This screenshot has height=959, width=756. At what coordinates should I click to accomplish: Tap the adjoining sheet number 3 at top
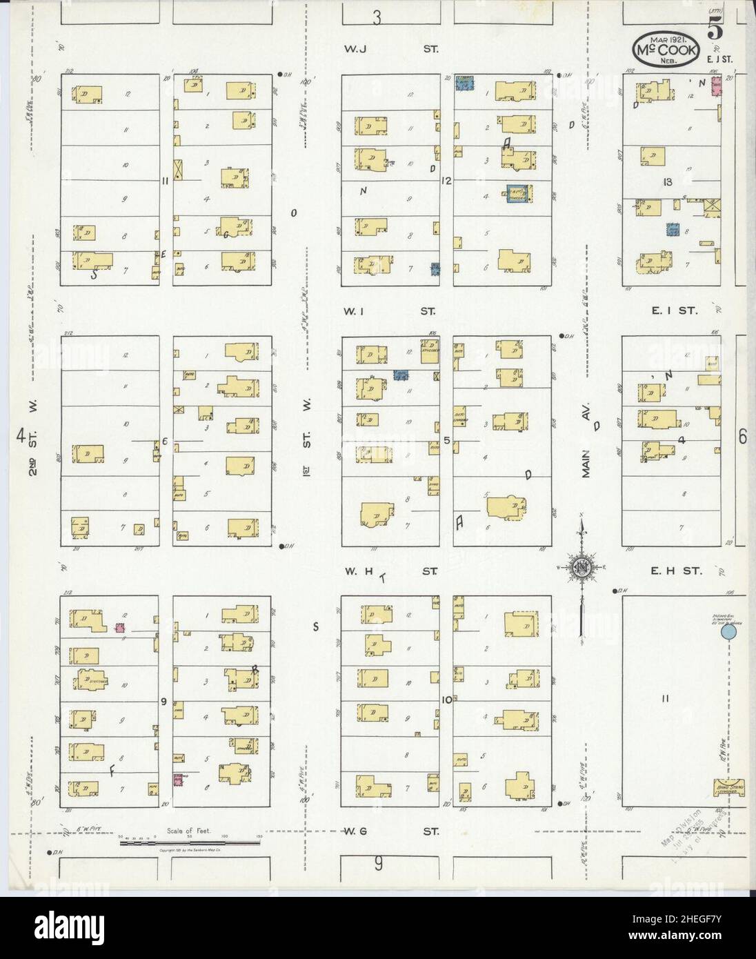coord(377,19)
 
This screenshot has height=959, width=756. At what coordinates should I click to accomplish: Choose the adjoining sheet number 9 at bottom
coord(378,862)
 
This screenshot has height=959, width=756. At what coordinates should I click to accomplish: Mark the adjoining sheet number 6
coord(742,436)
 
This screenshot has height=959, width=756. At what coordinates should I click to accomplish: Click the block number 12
coord(447,181)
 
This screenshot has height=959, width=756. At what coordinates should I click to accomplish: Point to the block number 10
coord(447,700)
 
